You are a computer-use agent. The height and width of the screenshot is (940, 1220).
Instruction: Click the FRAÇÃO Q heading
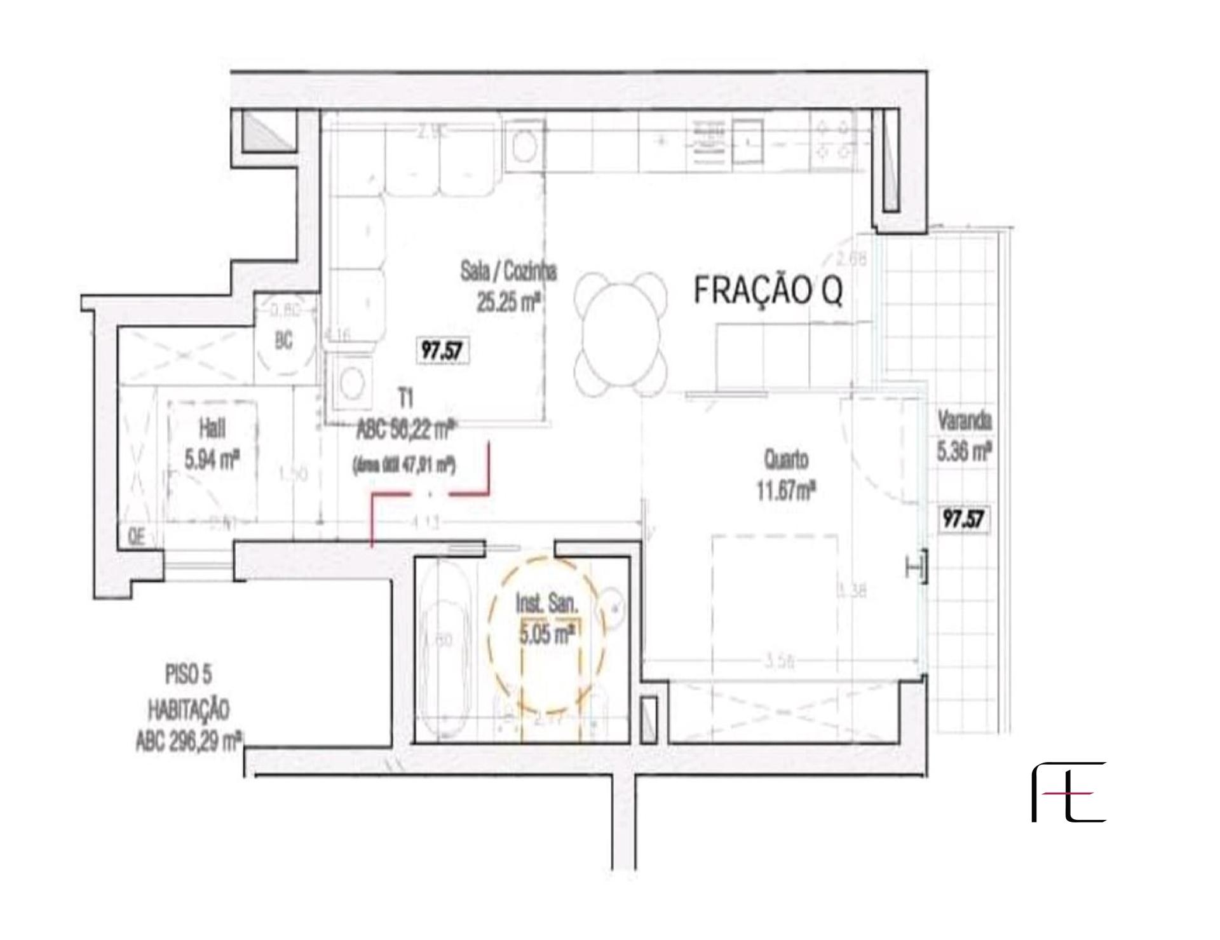768,291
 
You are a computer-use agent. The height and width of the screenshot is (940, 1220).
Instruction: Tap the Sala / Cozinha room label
508,271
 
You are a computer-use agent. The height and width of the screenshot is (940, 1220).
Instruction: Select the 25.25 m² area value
508,303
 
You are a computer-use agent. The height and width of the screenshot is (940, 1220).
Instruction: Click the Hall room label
212,429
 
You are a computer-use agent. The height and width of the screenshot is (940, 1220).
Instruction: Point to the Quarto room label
786,459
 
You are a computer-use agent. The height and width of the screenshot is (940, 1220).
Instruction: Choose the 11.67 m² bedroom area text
786,491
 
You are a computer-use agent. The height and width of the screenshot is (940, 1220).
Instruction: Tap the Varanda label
964,421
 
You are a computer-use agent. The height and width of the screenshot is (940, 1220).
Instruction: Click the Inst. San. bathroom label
546,604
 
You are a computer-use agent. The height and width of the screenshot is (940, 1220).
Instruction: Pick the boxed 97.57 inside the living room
442,350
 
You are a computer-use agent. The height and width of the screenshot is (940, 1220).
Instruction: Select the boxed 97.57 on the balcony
964,519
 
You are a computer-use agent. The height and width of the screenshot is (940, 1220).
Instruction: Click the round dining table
621,334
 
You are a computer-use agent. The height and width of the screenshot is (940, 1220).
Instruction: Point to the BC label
284,341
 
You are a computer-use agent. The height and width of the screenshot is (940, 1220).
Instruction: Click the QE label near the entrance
136,538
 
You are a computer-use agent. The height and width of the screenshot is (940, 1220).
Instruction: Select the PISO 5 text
187,675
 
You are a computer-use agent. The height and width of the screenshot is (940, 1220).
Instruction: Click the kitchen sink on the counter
749,140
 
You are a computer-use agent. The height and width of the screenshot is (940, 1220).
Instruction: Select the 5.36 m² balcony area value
964,451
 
